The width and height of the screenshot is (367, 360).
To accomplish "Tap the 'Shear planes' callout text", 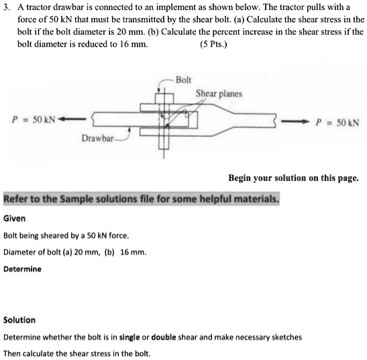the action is pyautogui.click(x=219, y=94).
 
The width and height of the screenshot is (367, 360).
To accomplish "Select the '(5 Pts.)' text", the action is pyautogui.click(x=213, y=46).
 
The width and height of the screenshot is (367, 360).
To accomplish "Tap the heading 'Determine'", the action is pyautogui.click(x=22, y=269).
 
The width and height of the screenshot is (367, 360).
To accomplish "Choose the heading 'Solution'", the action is pyautogui.click(x=19, y=320).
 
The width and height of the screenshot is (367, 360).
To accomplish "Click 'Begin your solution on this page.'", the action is pyautogui.click(x=293, y=178).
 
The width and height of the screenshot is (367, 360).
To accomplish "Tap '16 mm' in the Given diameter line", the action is pyautogui.click(x=132, y=252).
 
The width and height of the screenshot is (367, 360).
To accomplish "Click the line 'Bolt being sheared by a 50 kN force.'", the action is pyautogui.click(x=66, y=235).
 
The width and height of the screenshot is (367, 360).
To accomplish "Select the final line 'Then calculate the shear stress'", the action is pyautogui.click(x=76, y=353).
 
